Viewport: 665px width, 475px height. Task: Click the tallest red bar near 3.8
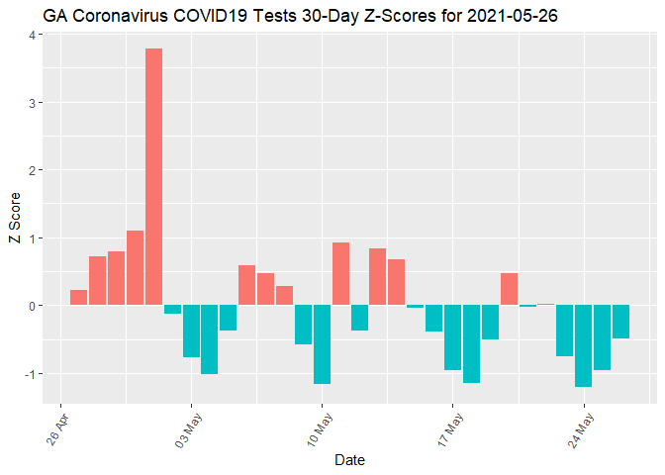pos(153,176)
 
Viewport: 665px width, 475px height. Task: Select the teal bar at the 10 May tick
pos(322,344)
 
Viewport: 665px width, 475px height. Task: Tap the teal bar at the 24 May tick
pos(584,345)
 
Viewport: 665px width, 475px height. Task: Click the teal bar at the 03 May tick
pos(191,331)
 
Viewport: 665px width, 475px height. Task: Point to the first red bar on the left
pos(78,297)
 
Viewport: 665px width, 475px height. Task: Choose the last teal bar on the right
pos(620,322)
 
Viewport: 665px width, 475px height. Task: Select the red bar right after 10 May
pos(340,273)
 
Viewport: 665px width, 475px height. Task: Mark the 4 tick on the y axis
pos(32,35)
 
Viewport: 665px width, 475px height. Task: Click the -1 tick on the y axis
pos(30,373)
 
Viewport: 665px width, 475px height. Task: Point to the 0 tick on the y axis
pos(32,306)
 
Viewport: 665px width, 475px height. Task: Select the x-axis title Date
pos(351,460)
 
